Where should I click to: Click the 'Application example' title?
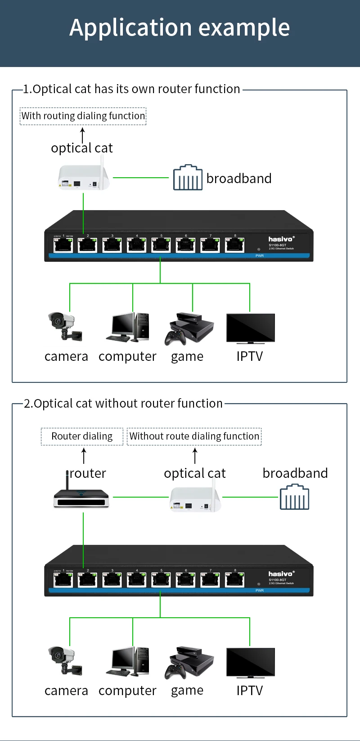180,28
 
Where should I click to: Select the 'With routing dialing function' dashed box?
83,116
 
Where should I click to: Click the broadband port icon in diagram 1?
188,178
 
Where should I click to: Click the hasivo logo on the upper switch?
281,239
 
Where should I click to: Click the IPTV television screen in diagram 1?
250,328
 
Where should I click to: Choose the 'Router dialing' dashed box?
82,436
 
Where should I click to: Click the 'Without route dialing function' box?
194,436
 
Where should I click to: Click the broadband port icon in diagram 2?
294,497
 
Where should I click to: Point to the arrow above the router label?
84,455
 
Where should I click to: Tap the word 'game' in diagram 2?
187,691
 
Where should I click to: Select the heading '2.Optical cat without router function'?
123,404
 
